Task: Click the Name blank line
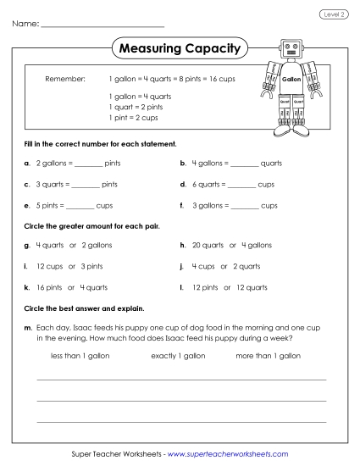102,26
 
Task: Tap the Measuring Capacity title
180,48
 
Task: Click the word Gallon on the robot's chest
291,79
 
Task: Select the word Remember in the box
65,79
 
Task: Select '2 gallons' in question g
97,245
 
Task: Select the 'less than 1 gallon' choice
81,356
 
